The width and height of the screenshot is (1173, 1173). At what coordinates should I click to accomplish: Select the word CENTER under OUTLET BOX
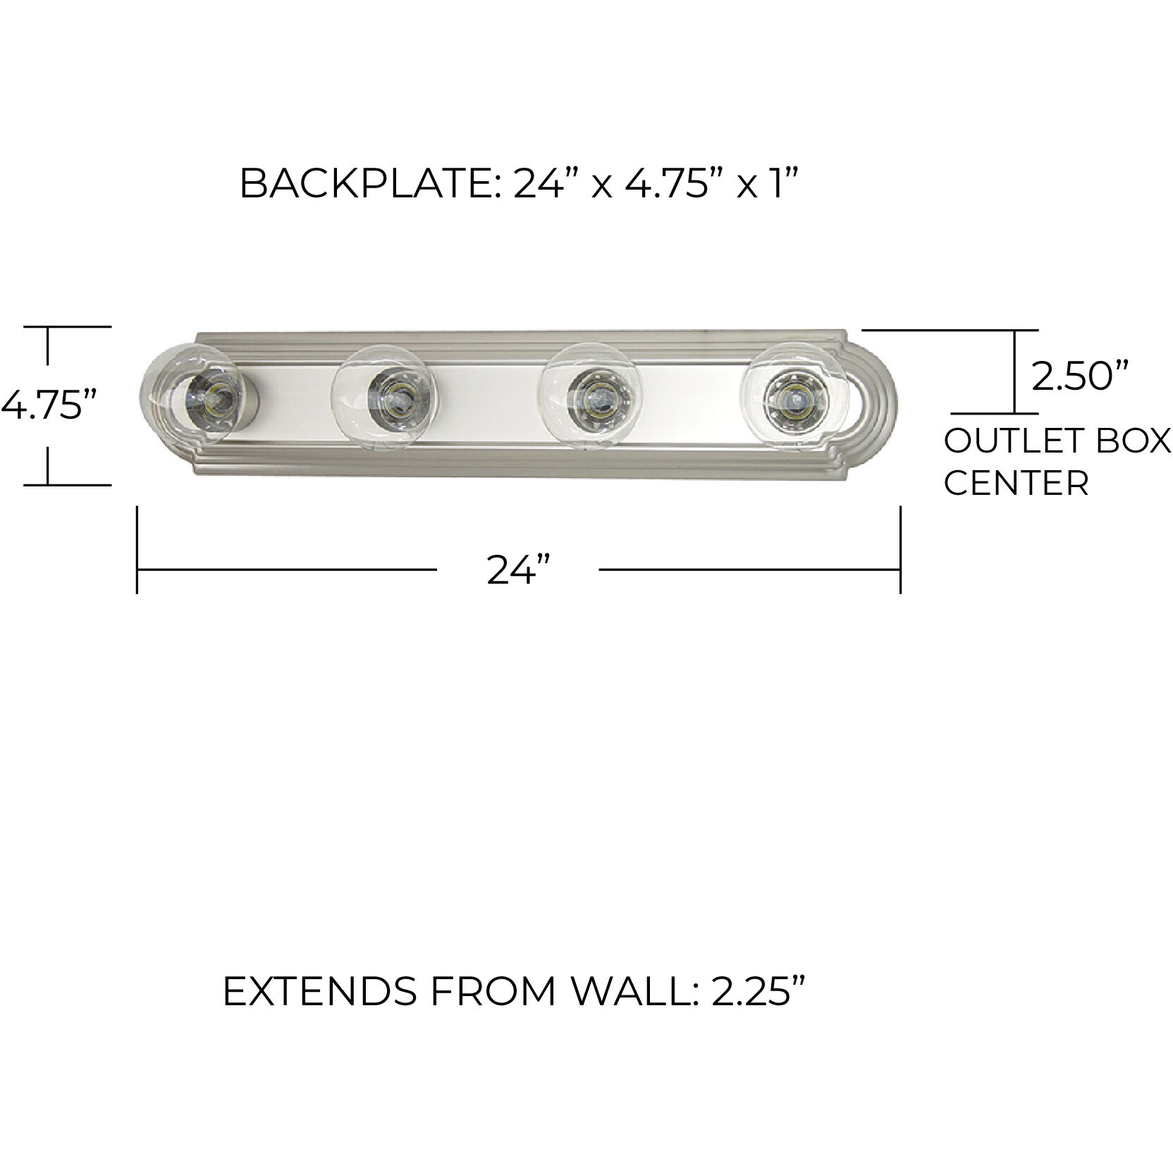point(1016,484)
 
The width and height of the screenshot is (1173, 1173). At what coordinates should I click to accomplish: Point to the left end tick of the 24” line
point(137,550)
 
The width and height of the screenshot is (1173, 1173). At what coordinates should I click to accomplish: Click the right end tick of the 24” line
point(900,550)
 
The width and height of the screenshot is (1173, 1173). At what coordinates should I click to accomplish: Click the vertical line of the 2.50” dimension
point(1014,371)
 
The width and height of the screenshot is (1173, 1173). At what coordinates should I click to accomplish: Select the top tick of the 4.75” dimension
point(68,327)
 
